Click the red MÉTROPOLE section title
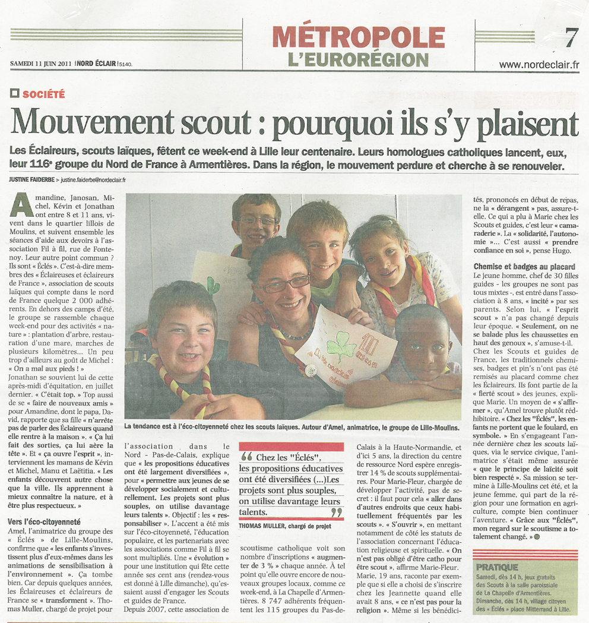(x=359, y=37)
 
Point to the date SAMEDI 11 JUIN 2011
(x=41, y=64)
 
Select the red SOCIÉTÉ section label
(x=44, y=94)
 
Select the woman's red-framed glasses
(x=286, y=283)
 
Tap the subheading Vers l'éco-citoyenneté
(x=45, y=521)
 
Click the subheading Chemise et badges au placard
(x=520, y=267)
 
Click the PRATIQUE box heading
(x=496, y=567)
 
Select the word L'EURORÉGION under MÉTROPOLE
(x=358, y=59)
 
